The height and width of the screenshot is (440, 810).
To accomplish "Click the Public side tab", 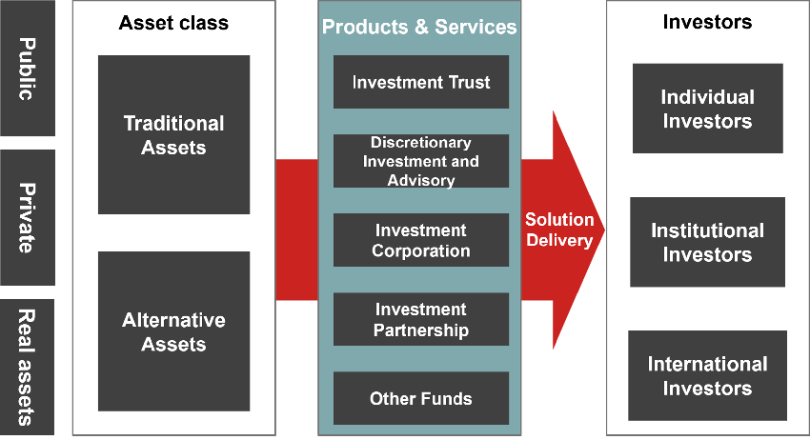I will coord(27,69).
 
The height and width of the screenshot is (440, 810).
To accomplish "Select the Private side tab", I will coord(27,217).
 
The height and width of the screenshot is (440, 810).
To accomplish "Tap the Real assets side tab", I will coord(27,368).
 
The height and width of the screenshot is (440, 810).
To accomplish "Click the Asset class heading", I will coord(173,23).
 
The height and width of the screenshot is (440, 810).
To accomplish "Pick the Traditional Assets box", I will coord(173,134).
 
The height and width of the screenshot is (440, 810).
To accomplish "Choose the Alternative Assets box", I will coord(173,331).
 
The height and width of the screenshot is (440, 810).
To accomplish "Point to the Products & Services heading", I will coord(419,27).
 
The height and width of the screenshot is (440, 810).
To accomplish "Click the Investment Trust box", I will coord(420,82).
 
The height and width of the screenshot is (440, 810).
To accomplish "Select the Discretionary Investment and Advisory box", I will coord(420,161).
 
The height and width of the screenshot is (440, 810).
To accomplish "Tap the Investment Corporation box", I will coord(420,240).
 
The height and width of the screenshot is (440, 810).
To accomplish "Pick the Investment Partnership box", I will coord(420,319).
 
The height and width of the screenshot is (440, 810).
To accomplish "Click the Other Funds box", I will coord(420,398).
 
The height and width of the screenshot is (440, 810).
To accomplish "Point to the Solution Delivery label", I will coord(559,230).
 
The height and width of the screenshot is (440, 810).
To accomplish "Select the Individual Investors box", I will coord(707,109).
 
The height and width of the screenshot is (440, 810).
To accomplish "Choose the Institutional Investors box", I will coord(707,242).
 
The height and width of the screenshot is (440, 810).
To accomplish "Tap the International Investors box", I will coord(707,375).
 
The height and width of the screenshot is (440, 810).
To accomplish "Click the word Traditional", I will coord(173,123).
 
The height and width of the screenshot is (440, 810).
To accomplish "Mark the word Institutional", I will coord(707,230).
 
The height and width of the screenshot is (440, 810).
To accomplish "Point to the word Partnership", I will coord(420,330).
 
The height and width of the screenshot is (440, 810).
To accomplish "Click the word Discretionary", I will coord(420,143).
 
